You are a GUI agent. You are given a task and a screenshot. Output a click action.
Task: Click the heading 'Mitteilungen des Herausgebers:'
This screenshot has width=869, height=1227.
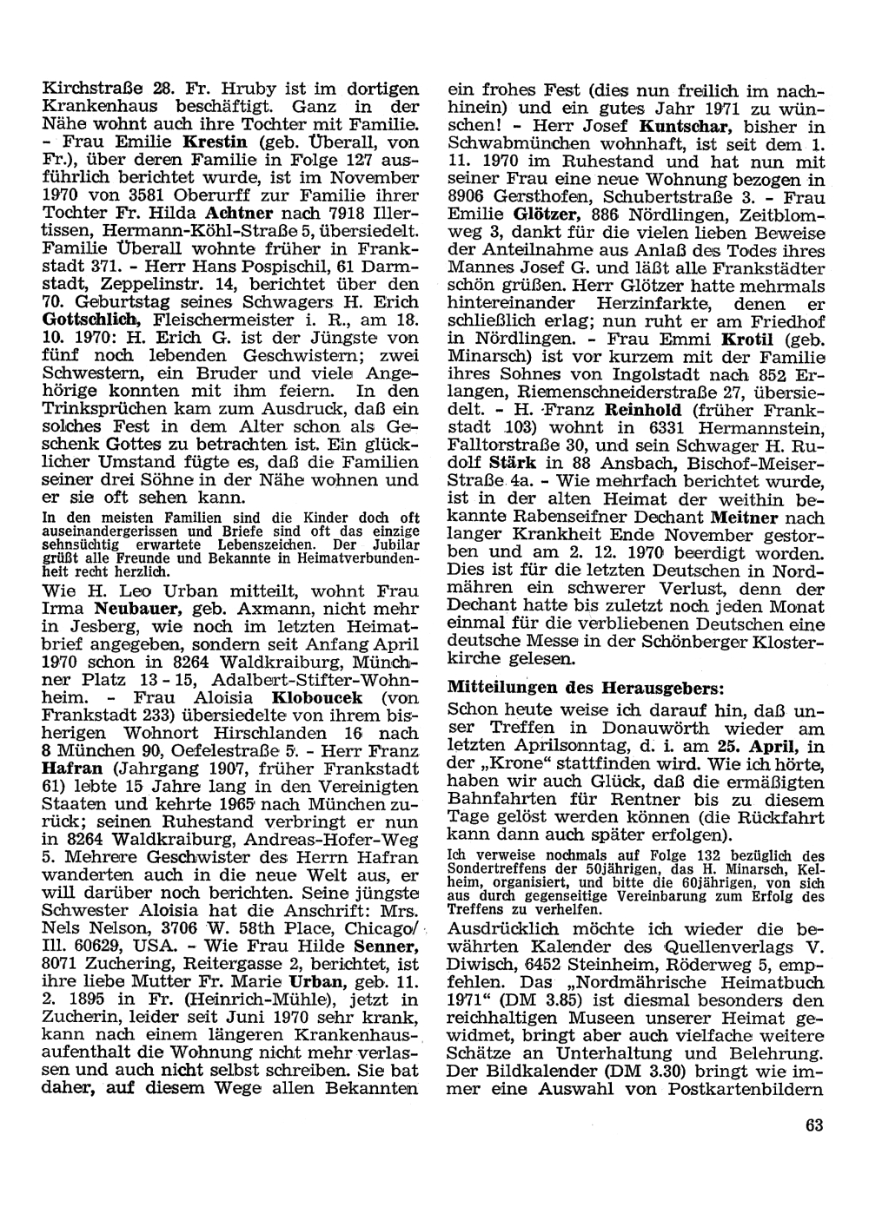point(585,686)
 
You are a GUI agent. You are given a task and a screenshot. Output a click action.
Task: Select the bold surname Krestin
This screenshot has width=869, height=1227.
point(214,141)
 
